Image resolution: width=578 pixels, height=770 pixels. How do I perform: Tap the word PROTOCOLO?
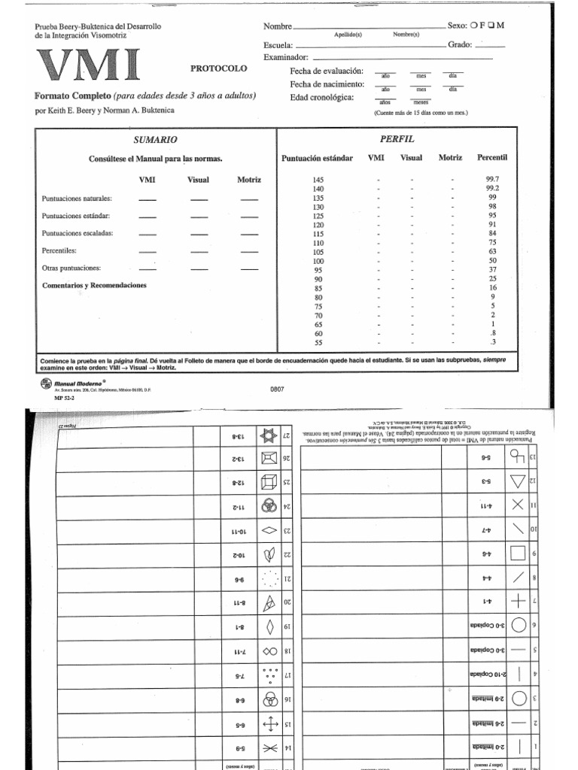pyautogui.click(x=218, y=68)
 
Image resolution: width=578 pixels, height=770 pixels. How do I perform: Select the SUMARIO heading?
pyautogui.click(x=156, y=140)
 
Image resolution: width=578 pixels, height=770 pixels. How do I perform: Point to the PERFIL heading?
pyautogui.click(x=397, y=140)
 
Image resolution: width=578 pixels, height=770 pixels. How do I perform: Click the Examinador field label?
pyautogui.click(x=286, y=57)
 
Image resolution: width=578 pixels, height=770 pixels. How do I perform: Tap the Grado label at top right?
pyautogui.click(x=460, y=44)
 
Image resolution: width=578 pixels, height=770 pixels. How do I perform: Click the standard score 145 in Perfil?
pyautogui.click(x=318, y=180)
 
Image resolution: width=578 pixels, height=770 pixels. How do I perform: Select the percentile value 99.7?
pyautogui.click(x=492, y=180)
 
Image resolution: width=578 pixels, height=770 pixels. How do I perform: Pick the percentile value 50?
pyautogui.click(x=492, y=260)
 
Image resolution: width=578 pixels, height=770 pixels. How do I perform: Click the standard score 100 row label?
pyautogui.click(x=318, y=260)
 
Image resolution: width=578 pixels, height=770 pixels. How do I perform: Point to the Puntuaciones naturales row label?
pyautogui.click(x=78, y=198)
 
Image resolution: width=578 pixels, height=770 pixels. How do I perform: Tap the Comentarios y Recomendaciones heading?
pyautogui.click(x=93, y=286)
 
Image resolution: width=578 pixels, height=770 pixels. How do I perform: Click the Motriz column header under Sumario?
pyautogui.click(x=249, y=180)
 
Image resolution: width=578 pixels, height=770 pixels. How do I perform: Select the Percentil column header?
pyautogui.click(x=492, y=158)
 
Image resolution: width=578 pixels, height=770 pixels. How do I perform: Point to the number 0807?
pyautogui.click(x=278, y=390)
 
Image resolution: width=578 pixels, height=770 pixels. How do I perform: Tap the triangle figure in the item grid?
pyautogui.click(x=516, y=480)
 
